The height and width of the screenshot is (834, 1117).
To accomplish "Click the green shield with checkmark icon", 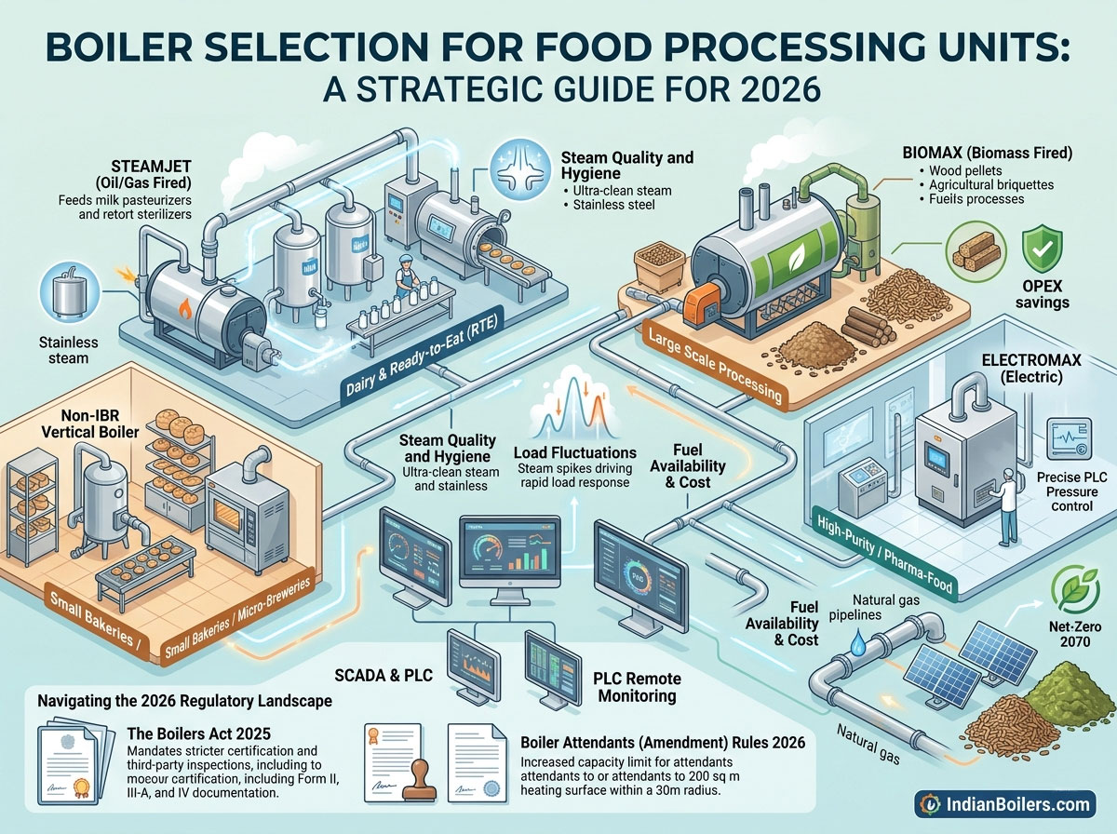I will click(1040, 250).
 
